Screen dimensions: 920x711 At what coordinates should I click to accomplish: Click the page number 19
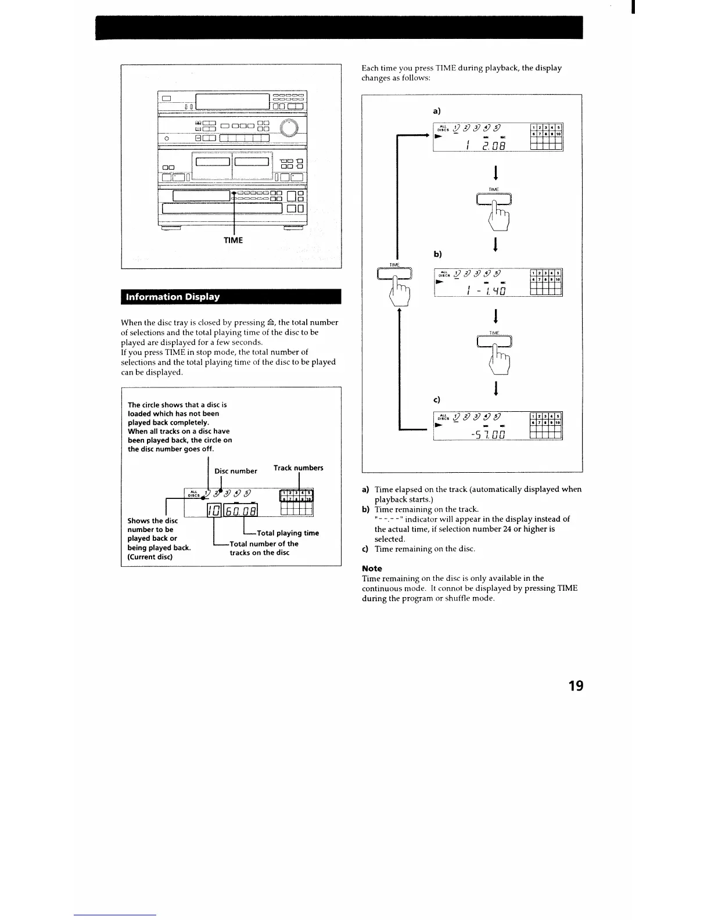[576, 686]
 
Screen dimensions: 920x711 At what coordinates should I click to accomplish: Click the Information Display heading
[173, 297]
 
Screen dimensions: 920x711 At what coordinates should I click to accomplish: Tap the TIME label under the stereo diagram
[233, 240]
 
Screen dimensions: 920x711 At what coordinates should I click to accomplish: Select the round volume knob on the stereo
[290, 129]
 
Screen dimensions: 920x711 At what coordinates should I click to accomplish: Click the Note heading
[372, 568]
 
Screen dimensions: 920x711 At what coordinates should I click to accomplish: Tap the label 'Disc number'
[235, 471]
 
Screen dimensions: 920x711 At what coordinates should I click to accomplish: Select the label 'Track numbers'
[298, 468]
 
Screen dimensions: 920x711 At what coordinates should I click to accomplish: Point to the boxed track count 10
[212, 511]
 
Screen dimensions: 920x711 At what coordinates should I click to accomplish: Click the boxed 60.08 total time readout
[240, 511]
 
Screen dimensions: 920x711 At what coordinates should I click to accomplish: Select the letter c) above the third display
[436, 400]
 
